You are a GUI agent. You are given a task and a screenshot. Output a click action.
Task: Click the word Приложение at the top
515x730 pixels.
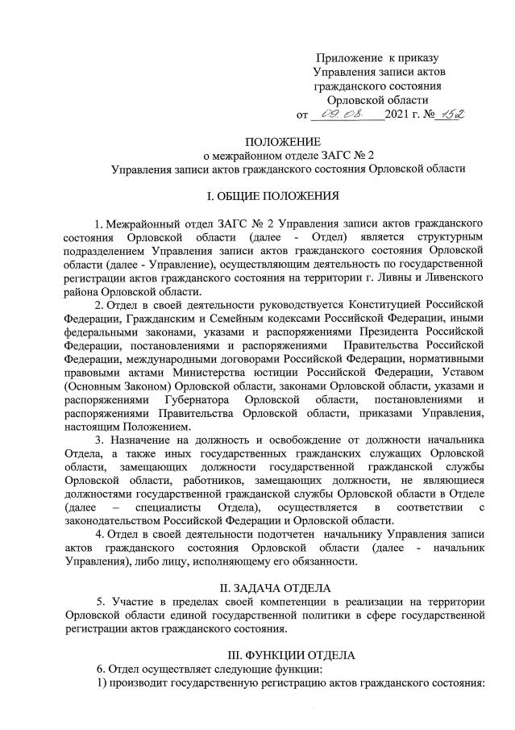[x=349, y=58]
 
